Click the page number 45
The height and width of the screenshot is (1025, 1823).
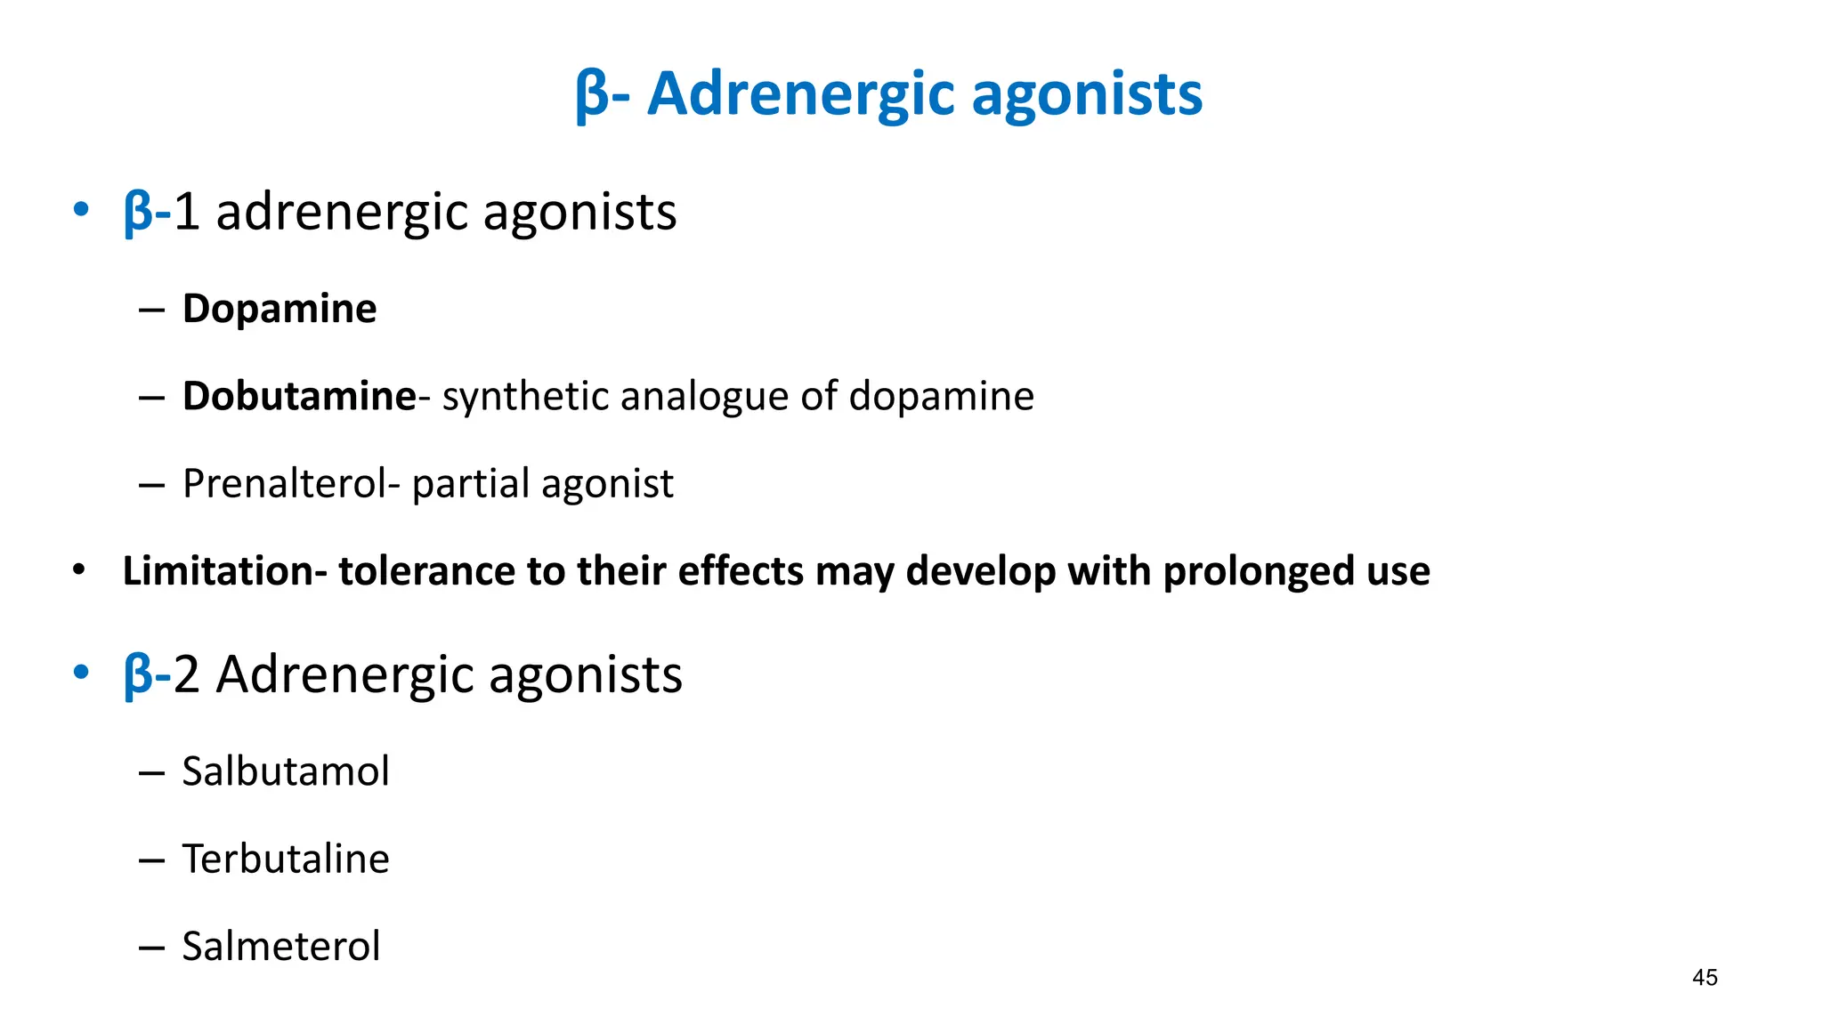tap(1705, 977)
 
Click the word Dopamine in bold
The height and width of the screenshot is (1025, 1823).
tap(280, 309)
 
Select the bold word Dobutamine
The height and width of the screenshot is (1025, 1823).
tap(299, 396)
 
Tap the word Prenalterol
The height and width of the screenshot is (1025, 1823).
tap(284, 484)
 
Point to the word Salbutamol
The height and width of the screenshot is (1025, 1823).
tap(286, 771)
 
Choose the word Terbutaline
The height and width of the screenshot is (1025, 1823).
tap(286, 859)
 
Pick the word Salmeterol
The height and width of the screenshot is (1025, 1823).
tap(281, 946)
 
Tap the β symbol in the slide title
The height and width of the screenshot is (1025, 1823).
tap(592, 94)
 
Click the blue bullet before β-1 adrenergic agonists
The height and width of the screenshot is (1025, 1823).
tap(81, 211)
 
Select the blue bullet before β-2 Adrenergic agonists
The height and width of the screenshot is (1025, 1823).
tap(81, 673)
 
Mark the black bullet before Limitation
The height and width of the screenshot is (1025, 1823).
tap(79, 570)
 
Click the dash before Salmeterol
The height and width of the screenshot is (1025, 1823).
tap(152, 947)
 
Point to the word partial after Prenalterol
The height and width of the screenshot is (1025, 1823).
tap(470, 484)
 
